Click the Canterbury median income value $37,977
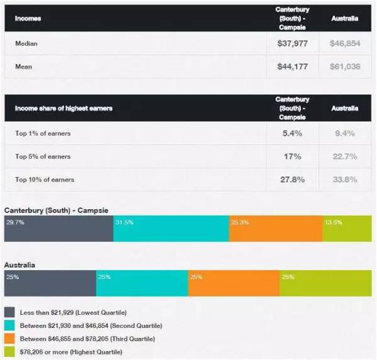292,44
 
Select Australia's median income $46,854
344,44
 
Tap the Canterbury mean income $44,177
292,67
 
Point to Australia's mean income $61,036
344,67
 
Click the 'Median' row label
26,44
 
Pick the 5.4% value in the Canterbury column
292,133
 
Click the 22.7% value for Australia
344,156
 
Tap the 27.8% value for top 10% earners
292,180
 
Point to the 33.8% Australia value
344,180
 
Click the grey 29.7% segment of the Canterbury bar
58,229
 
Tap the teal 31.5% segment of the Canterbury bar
171,229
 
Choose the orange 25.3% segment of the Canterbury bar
275,229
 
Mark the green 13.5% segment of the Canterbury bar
347,229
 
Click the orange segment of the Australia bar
233,284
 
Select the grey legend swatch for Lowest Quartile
9,312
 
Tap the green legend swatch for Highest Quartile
9,352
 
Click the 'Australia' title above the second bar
19,265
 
